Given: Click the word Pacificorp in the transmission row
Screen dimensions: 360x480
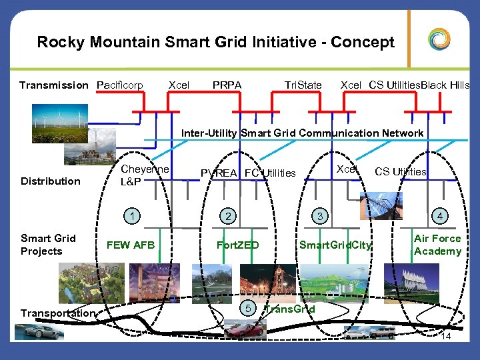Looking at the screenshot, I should [x=120, y=85].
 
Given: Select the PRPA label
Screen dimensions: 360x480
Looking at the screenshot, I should [x=227, y=85].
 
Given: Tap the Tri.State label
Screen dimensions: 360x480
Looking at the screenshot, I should [x=303, y=85].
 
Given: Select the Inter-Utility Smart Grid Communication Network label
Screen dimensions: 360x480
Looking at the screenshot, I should [x=303, y=133].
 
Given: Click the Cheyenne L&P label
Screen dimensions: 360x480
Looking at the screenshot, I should [x=145, y=175].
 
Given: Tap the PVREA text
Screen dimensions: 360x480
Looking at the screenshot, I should [x=221, y=173].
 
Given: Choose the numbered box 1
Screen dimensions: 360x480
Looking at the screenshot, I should [x=134, y=215].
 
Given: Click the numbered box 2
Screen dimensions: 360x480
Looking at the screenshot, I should [x=228, y=215].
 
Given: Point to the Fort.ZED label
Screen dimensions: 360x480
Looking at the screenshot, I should [x=238, y=245].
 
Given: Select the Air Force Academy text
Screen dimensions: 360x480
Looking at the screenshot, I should [x=437, y=245].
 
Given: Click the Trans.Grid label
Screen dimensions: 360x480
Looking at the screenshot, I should [x=290, y=309].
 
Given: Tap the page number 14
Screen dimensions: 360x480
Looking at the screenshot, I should [x=446, y=338].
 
